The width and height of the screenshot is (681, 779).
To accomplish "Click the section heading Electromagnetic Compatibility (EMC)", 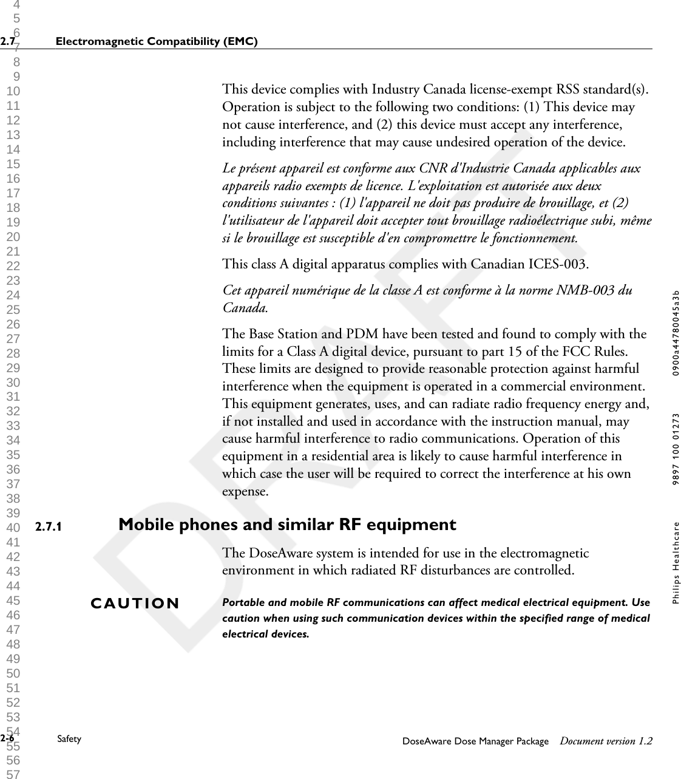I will (x=156, y=41).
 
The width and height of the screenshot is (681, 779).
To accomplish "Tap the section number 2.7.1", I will (x=49, y=526).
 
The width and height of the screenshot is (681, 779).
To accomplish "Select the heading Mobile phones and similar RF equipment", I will (x=287, y=525).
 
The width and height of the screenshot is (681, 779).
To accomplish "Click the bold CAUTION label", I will (x=135, y=604).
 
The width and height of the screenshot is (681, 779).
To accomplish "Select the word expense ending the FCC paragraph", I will (x=245, y=491).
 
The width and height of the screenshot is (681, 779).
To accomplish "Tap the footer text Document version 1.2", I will (x=606, y=741).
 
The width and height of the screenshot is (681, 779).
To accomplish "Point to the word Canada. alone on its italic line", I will (x=245, y=307).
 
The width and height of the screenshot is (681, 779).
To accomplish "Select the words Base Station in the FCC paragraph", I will (x=274, y=334).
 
